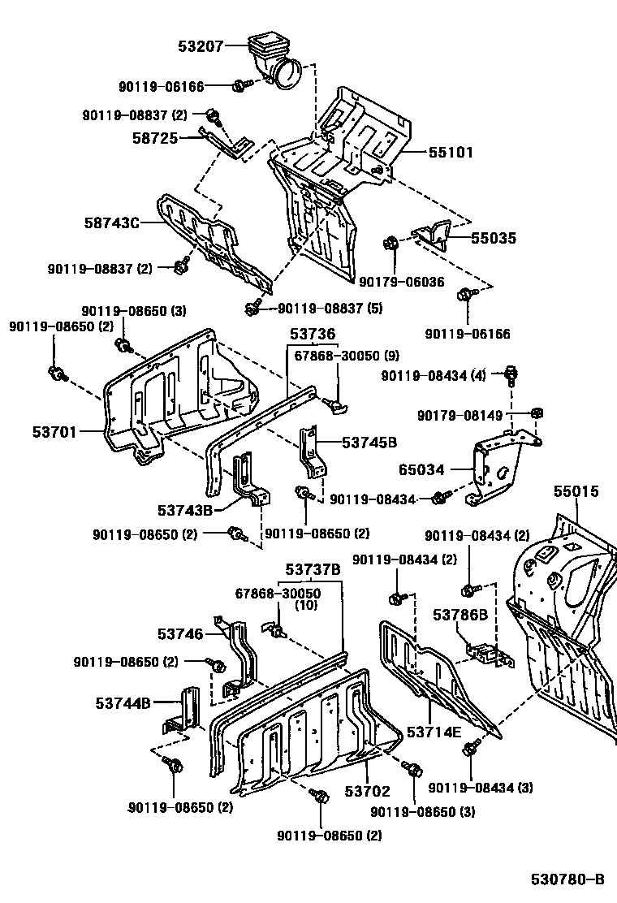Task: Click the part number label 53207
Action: tap(201, 47)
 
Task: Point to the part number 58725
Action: tap(154, 139)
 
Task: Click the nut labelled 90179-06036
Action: tap(390, 243)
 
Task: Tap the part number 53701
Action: tap(54, 432)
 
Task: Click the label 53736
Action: tap(313, 335)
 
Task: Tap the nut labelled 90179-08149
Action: tap(536, 413)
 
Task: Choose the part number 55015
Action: tap(576, 492)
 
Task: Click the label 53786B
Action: tap(460, 615)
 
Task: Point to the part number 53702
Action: tap(367, 791)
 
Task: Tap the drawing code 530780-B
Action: tap(568, 880)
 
